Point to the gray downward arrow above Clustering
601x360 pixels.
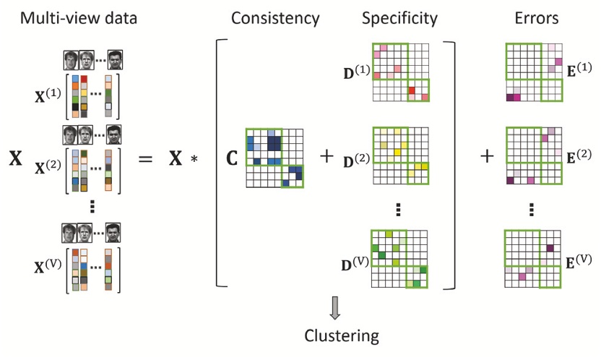pyautogui.click(x=334, y=308)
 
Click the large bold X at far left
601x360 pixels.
pyautogui.click(x=15, y=158)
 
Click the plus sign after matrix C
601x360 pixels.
pyautogui.click(x=327, y=155)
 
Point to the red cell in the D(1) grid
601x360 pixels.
pyautogui.click(x=412, y=90)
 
